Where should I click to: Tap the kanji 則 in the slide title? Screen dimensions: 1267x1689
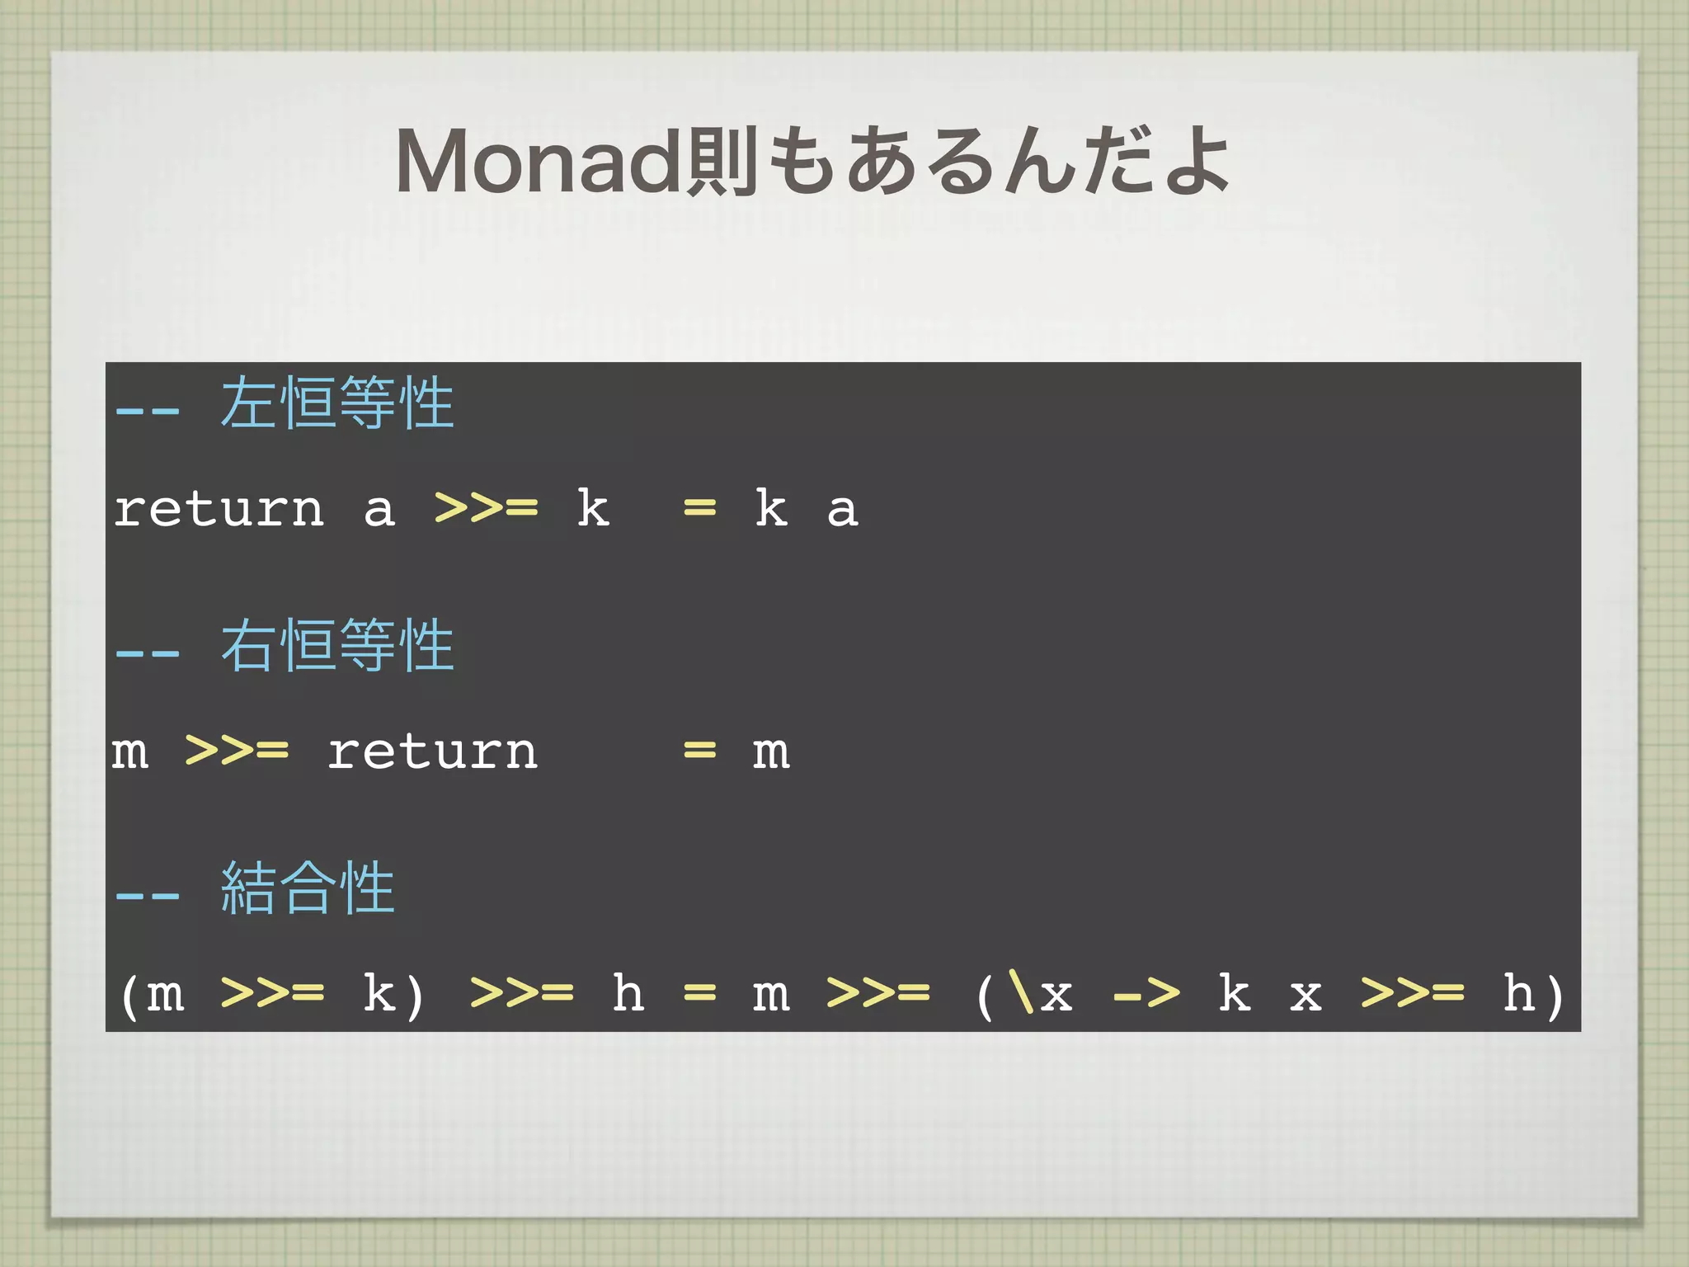(x=722, y=162)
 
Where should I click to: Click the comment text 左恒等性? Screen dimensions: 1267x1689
(x=337, y=404)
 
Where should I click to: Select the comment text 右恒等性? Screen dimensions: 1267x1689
(x=337, y=646)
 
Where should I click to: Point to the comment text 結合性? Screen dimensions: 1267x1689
(x=308, y=888)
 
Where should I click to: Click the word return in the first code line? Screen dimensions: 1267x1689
(x=219, y=509)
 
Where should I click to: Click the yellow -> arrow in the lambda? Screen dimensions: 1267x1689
(x=1146, y=994)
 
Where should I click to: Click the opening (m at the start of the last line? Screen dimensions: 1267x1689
(x=153, y=994)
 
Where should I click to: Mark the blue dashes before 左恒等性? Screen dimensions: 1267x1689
(x=148, y=410)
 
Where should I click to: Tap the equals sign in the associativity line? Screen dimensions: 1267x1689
(x=699, y=993)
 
